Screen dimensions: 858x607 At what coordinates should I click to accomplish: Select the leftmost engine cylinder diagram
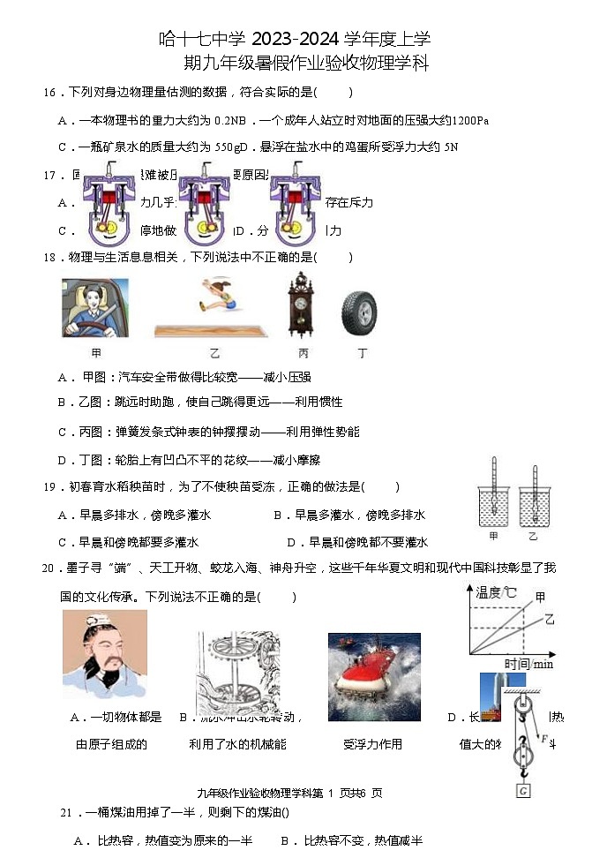[110, 205]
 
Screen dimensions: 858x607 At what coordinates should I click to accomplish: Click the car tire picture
[359, 313]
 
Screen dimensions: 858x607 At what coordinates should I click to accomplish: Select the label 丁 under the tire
[362, 353]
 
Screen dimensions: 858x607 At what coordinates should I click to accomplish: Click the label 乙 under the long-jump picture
[214, 353]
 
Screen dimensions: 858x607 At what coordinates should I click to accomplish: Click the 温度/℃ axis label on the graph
[496, 592]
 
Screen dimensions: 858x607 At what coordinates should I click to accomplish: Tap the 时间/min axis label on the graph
[528, 664]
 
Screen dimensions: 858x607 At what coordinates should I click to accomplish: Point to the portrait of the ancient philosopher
[104, 654]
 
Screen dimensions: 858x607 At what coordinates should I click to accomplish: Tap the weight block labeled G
[523, 791]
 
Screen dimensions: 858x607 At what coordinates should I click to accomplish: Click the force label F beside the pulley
[545, 739]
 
